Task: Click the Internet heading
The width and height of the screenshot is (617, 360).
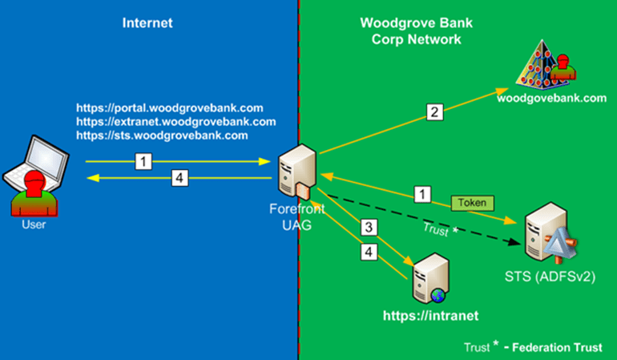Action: point(147,23)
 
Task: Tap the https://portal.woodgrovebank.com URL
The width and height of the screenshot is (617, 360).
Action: point(170,107)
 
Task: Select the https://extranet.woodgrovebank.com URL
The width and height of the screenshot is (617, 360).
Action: point(176,121)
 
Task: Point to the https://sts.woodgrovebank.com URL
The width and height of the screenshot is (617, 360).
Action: point(162,136)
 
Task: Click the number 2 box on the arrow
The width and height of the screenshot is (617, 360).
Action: point(434,112)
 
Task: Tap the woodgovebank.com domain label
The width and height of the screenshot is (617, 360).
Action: point(550,99)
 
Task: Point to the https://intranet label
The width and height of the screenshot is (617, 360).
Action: point(434,316)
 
